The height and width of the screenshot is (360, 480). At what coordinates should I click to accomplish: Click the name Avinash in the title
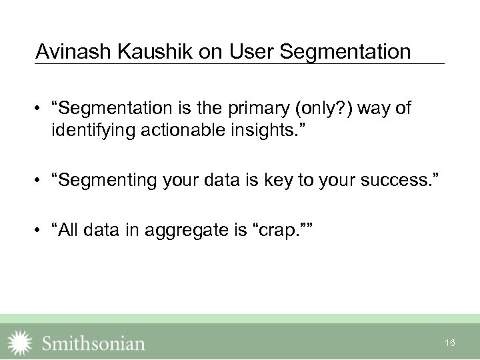65,51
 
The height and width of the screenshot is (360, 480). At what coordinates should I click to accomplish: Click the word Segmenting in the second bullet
107,179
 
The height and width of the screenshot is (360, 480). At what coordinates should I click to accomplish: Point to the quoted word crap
278,231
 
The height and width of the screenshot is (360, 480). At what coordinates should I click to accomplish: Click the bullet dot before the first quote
41,109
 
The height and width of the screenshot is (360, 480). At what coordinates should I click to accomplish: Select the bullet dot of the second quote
41,179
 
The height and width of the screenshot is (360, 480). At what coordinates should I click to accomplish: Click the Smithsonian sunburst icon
19,342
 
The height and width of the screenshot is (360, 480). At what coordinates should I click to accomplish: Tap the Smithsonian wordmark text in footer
93,343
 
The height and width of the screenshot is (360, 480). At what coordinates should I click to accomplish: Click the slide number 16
450,343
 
